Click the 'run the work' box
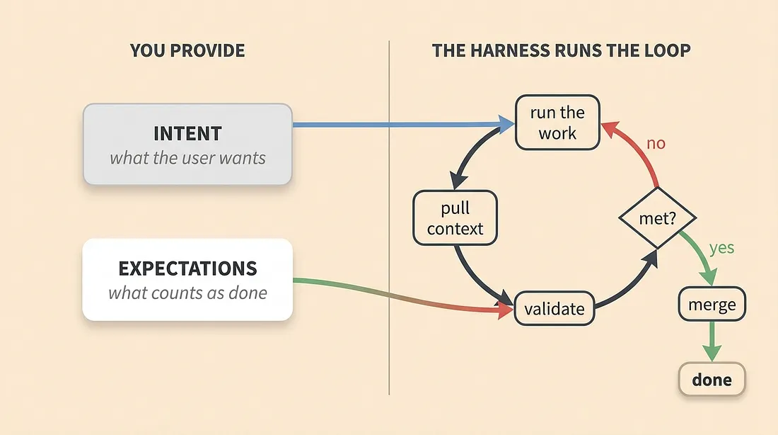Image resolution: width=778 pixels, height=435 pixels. [557, 123]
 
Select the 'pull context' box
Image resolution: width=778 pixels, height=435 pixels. [455, 217]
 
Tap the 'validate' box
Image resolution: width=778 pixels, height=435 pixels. [555, 309]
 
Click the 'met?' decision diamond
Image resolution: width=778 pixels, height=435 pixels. [658, 217]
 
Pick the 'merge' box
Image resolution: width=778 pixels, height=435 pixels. [712, 304]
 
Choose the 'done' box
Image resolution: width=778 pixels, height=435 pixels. [712, 379]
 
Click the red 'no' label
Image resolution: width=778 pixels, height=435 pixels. [656, 143]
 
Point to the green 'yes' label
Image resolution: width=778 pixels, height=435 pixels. [721, 247]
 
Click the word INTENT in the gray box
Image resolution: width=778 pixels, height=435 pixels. [187, 133]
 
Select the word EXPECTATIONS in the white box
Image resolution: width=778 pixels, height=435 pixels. [187, 269]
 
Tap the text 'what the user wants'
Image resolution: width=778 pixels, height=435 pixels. [187, 158]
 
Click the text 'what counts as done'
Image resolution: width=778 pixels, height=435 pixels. [187, 293]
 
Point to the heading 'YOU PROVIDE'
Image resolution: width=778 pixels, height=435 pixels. [187, 50]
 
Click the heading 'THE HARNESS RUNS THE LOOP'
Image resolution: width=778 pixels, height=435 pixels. [561, 50]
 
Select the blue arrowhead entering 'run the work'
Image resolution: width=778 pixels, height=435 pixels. [506, 124]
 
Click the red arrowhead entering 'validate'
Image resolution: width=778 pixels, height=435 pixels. [505, 310]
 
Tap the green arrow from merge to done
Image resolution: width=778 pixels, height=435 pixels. [712, 341]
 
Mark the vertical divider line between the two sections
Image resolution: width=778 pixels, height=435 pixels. [389, 217]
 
